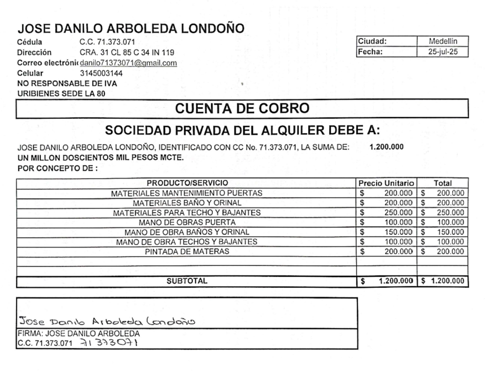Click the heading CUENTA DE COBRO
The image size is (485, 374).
242,108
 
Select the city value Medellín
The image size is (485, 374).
442,41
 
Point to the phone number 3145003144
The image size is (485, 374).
101,73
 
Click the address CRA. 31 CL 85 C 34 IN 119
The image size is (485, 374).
127,52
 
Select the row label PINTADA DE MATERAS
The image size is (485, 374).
187,252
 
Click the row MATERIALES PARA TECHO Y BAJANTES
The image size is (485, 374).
187,212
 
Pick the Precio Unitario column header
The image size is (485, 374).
386,183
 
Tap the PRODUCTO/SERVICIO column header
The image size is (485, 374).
187,183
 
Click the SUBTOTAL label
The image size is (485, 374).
187,281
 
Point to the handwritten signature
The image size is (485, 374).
107,321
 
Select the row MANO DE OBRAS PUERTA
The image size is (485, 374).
187,222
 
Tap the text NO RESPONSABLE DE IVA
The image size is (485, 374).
67,83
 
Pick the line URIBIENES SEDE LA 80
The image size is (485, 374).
61,93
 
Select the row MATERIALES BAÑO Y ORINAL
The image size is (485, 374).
187,203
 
